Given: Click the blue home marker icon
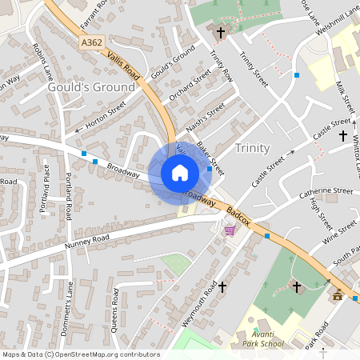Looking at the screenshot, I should point(180,173).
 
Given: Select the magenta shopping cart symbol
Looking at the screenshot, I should point(230,230).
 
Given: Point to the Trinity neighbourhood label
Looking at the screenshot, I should point(253,148).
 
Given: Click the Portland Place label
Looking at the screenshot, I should point(46,189).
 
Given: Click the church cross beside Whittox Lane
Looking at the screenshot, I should point(344,136).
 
